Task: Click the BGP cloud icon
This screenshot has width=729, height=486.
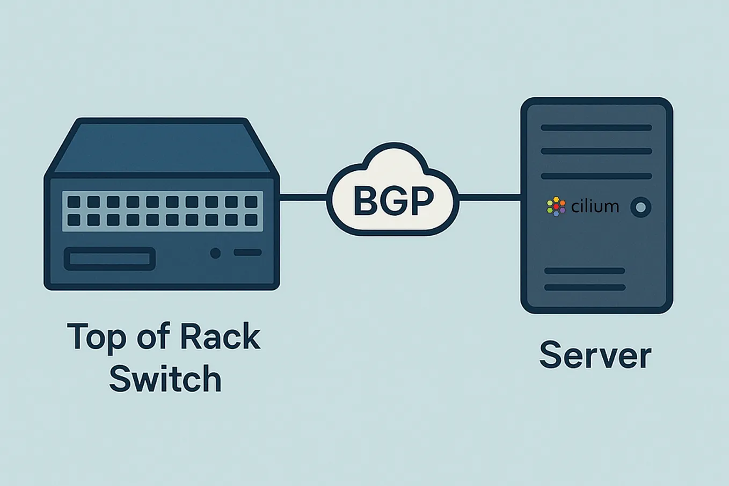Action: tap(393, 191)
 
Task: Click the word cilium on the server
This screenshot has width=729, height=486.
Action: tap(595, 207)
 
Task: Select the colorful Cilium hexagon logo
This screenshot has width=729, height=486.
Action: tap(556, 207)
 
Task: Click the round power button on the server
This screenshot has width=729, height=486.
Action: tap(640, 207)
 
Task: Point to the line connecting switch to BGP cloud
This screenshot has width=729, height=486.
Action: tap(303, 198)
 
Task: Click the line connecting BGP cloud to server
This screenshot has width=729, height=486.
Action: tap(490, 198)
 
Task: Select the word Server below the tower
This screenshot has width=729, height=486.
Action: tap(595, 356)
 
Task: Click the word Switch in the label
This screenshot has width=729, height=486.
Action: tap(165, 379)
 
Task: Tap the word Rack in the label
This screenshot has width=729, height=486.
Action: tap(220, 337)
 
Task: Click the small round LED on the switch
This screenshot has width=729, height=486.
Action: tap(215, 253)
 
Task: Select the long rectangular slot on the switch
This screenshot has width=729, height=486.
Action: tap(110, 259)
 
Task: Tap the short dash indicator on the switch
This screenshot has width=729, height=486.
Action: tap(247, 252)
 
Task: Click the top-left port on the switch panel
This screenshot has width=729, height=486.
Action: tap(74, 202)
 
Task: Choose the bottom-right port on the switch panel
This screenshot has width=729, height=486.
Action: tap(251, 220)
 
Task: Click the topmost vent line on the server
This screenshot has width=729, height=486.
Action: tap(596, 128)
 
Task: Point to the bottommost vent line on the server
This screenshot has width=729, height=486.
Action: tap(585, 287)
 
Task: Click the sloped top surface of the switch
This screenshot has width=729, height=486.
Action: tap(161, 148)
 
